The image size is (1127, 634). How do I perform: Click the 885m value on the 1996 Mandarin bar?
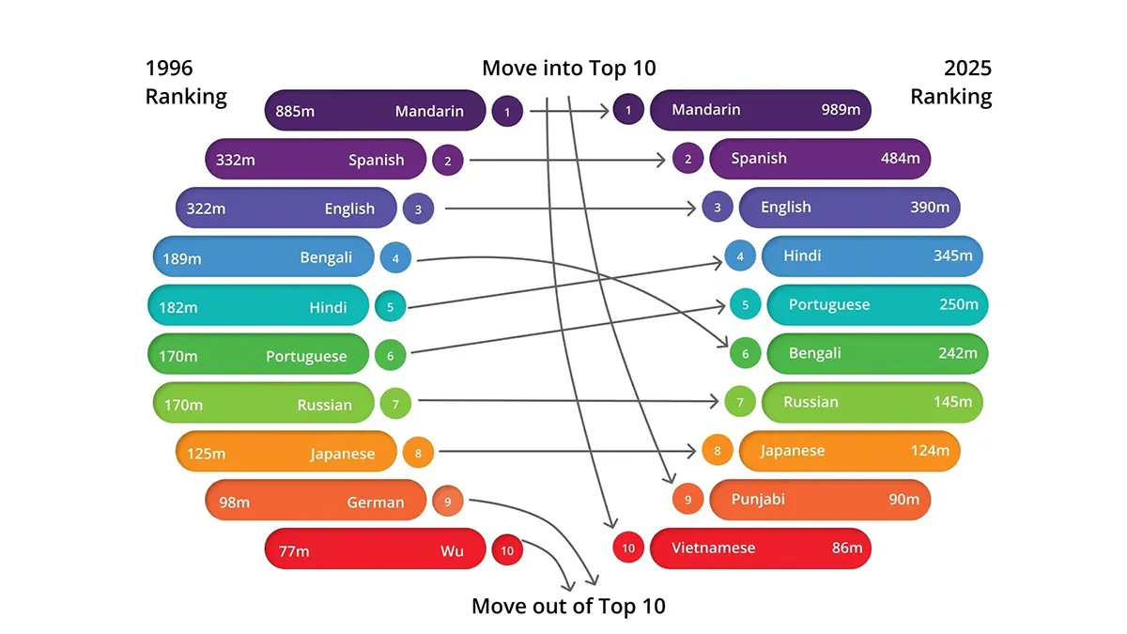click(295, 112)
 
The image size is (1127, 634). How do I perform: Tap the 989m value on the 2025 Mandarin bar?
click(841, 110)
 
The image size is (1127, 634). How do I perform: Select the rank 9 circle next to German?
click(448, 502)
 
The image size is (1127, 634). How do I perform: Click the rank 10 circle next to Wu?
click(507, 550)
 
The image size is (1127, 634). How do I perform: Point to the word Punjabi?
click(757, 500)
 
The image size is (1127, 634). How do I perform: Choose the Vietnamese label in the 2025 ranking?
click(714, 548)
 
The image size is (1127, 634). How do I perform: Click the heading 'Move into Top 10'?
click(569, 68)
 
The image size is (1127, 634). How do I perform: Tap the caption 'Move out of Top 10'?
click(568, 606)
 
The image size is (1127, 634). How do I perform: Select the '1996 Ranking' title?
click(186, 83)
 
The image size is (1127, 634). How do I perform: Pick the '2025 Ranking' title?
click(950, 83)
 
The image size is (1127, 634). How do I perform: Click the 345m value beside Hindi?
click(953, 255)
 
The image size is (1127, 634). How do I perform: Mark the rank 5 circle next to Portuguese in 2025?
click(746, 305)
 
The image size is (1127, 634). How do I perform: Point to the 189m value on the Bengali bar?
click(182, 258)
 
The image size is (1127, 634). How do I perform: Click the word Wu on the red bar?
click(452, 551)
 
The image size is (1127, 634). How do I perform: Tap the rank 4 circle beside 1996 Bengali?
click(395, 257)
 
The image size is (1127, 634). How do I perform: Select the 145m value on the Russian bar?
click(952, 402)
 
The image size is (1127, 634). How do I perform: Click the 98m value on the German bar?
click(234, 503)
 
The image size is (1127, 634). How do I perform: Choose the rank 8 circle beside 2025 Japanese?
click(718, 451)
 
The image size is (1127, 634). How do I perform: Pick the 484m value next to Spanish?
click(900, 158)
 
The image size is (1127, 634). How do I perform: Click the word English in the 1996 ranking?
click(349, 209)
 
